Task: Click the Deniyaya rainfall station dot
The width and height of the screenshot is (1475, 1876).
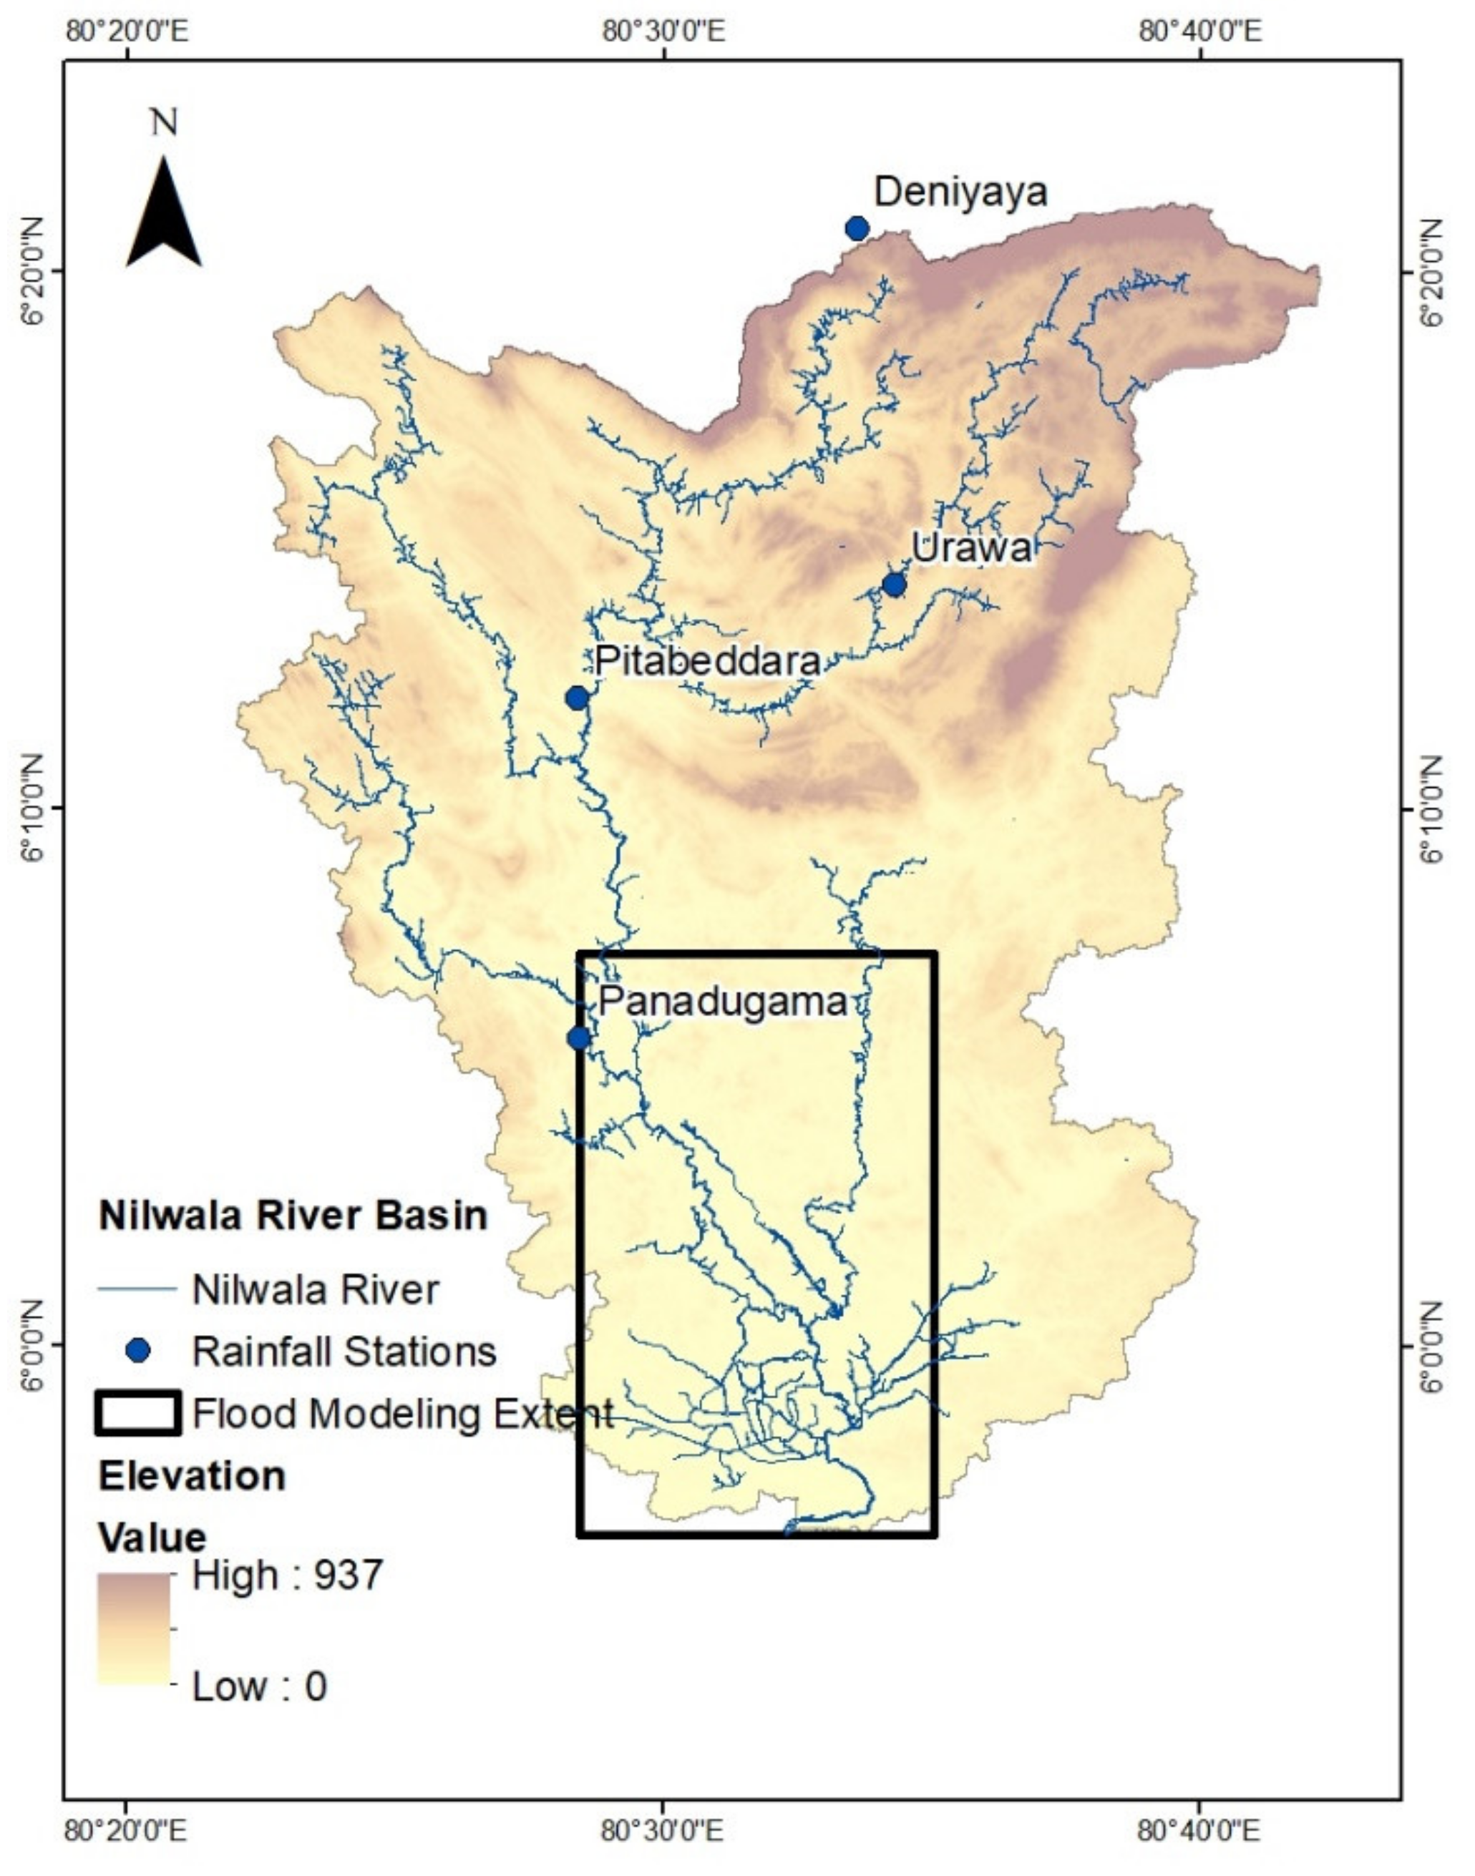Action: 857,229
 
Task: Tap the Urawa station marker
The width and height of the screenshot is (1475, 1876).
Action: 894,585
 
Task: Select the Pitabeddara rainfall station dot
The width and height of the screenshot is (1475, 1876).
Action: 577,698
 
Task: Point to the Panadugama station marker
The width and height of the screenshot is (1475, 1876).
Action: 578,1037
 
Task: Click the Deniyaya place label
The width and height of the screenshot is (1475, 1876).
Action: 960,192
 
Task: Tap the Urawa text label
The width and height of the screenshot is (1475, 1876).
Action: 972,548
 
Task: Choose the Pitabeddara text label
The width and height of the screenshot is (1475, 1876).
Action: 706,661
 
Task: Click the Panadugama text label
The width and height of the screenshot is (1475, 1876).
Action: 722,1002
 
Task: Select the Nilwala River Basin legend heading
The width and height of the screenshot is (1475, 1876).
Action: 293,1216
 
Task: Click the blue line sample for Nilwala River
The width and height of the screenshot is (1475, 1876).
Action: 137,1290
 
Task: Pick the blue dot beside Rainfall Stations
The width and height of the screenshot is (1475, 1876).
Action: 137,1350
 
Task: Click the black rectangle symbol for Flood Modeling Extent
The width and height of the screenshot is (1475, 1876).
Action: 137,1413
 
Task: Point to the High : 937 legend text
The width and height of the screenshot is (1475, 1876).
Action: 287,1575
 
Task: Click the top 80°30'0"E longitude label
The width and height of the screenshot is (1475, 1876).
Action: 663,32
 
